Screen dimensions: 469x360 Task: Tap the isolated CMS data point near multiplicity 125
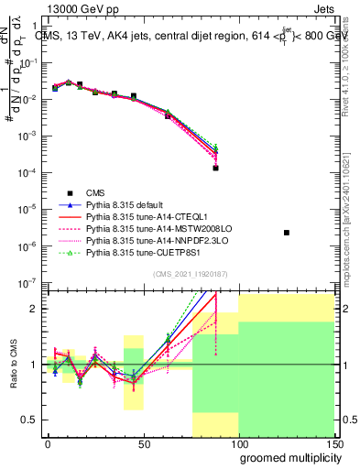pos(287,233)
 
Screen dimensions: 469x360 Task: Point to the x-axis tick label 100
pos(238,444)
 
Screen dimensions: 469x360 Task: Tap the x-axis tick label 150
pos(333,444)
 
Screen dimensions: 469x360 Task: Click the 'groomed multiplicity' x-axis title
pos(287,457)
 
